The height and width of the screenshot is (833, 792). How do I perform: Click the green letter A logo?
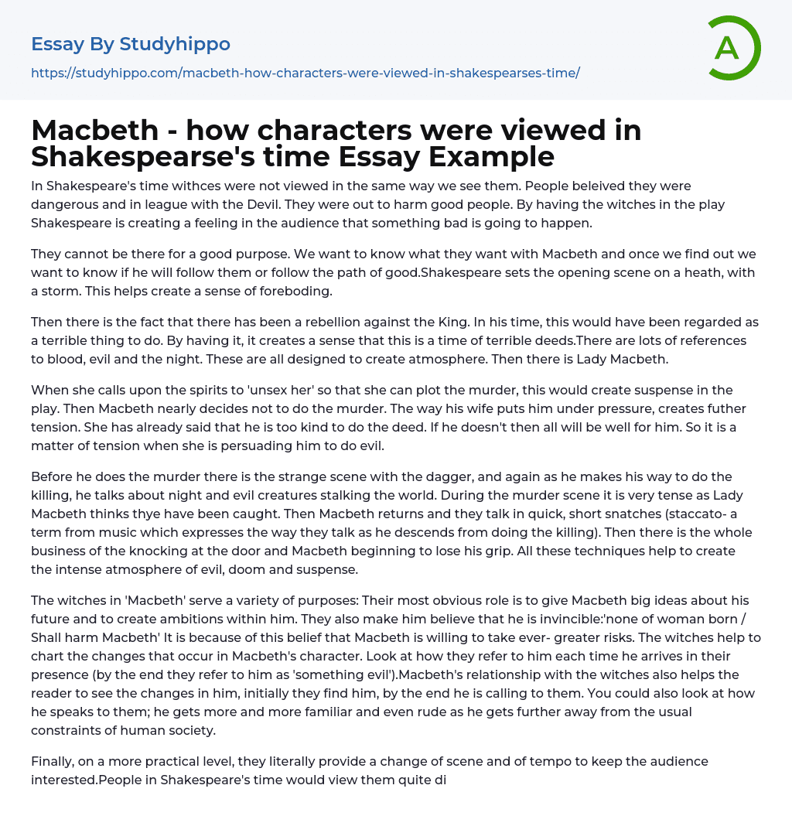pyautogui.click(x=734, y=48)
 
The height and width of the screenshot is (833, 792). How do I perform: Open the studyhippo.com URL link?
pyautogui.click(x=305, y=73)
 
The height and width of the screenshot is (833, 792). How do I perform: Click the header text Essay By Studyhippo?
pyautogui.click(x=131, y=44)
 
